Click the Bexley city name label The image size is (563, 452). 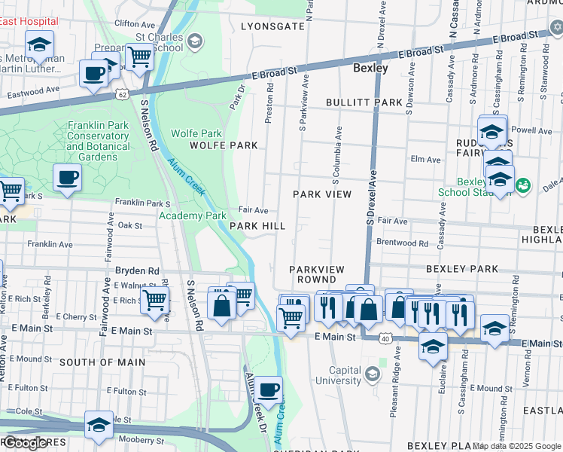(370, 69)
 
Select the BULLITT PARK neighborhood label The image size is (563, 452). (364, 102)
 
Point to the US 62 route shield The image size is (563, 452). (122, 95)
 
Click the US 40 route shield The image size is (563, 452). (385, 339)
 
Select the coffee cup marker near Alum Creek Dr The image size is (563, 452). (269, 390)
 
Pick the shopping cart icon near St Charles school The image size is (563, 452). (139, 56)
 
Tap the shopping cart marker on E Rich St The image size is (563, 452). (154, 299)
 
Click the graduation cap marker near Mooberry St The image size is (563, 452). (99, 426)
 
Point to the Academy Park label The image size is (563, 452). (193, 215)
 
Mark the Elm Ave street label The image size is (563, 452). (426, 160)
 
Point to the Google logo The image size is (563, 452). (25, 443)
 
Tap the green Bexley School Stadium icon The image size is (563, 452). (525, 185)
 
